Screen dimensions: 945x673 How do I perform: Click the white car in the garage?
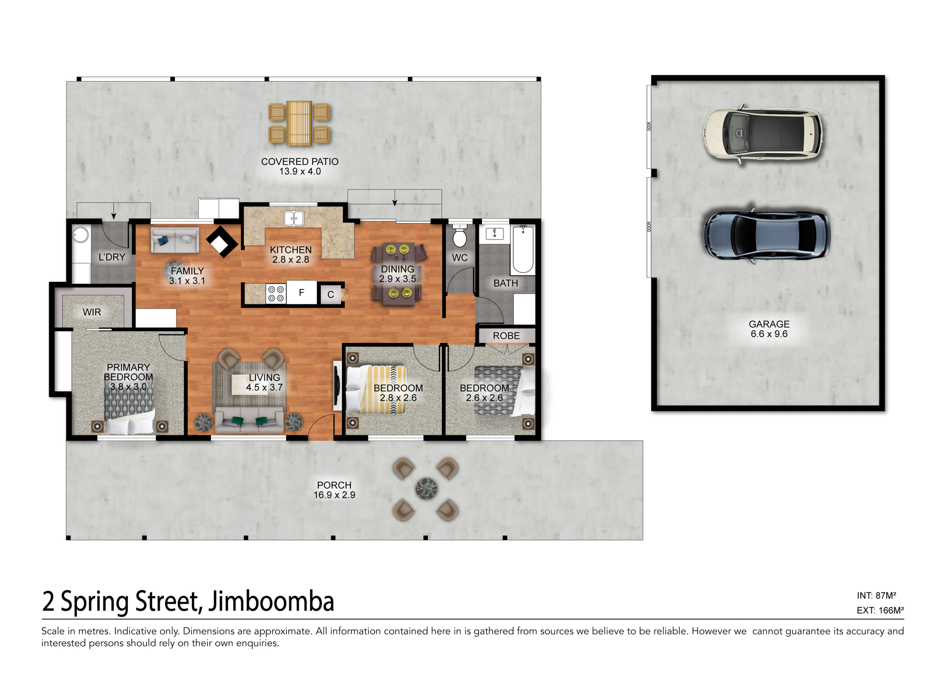763,134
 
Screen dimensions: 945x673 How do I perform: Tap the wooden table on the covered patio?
299,123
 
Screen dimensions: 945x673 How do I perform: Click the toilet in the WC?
459,236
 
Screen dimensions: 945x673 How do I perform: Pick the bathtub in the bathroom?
523,249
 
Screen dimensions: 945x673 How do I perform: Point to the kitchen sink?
294,218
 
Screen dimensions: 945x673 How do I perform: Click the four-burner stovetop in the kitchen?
276,294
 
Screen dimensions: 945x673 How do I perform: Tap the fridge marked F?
302,293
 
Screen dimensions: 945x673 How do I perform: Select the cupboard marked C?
331,294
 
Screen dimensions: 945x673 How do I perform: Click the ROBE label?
506,336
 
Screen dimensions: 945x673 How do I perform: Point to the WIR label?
92,312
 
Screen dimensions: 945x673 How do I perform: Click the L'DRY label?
112,257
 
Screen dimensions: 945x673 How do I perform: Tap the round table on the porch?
426,489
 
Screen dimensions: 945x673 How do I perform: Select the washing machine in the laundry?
81,235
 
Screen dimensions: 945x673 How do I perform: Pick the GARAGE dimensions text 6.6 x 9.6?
769,334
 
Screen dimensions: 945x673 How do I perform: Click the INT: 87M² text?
876,595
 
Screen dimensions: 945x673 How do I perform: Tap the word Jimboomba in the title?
271,601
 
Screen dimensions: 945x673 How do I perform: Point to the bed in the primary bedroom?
129,408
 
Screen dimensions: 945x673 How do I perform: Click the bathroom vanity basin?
495,233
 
